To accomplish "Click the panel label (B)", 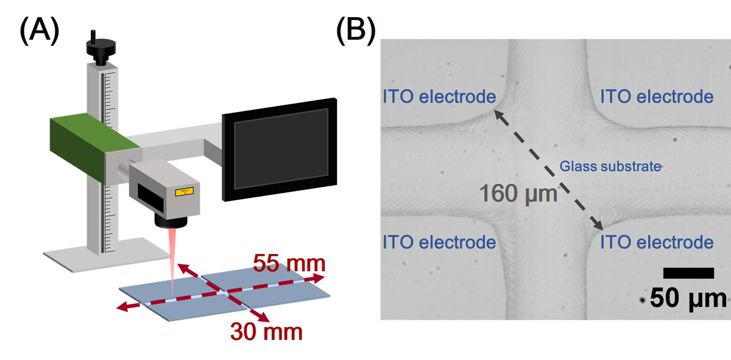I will point(356,30).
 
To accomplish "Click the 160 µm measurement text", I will point(518,194).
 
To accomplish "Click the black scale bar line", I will point(688,272).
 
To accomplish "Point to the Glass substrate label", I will point(610,166).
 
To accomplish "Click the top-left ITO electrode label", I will point(439,97).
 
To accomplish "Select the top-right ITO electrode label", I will point(657,97).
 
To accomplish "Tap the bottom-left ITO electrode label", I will point(439,242).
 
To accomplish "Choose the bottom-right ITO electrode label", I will point(657,242).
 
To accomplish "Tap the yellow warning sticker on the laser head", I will point(183,192).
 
